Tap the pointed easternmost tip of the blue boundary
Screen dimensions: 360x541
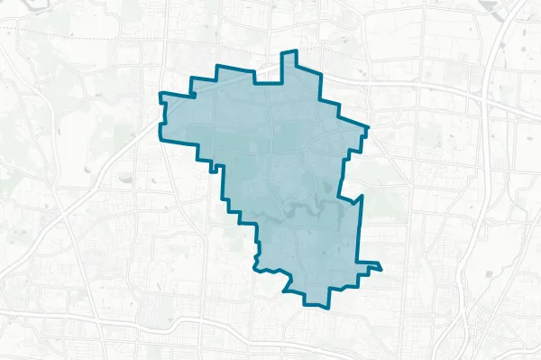point(381,267)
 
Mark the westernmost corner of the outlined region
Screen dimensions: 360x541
point(160,94)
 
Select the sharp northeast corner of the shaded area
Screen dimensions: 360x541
point(367,126)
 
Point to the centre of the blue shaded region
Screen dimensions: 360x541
point(280,171)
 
